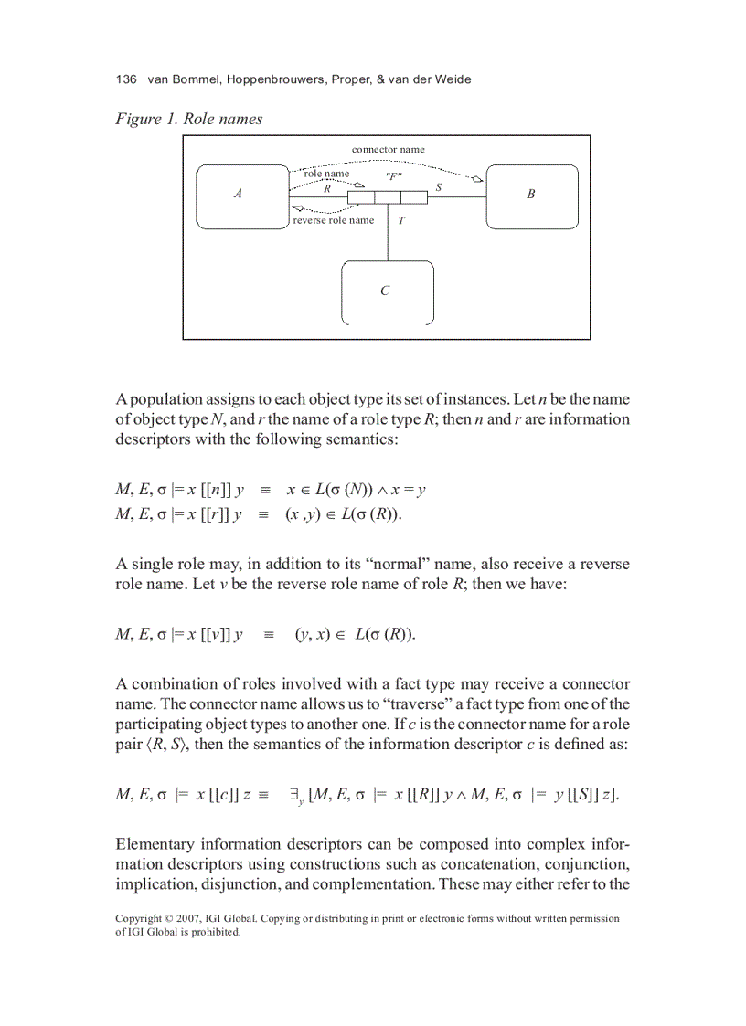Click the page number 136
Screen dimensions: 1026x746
126,79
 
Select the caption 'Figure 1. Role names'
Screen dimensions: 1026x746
188,119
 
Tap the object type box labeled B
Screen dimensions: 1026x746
531,195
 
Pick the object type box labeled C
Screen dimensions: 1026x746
387,291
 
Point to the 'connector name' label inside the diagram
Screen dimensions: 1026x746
388,149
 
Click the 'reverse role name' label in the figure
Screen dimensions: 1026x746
333,220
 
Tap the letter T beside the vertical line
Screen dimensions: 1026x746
400,220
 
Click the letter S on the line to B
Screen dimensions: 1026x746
438,186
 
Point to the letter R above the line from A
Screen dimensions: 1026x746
327,187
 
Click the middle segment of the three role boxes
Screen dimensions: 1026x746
388,197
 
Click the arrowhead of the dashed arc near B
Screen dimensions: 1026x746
477,179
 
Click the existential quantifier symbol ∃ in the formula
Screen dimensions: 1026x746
294,794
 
